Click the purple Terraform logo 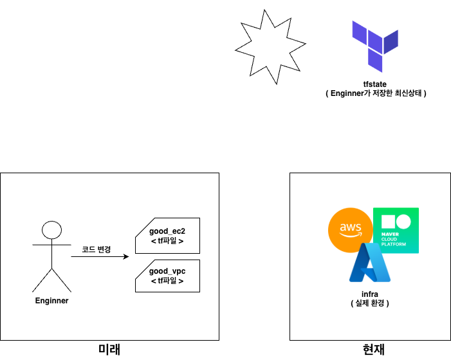(x=376, y=46)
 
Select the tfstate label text (x=376, y=84)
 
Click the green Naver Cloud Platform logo (x=396, y=230)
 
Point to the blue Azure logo (x=369, y=264)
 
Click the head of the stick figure (x=51, y=231)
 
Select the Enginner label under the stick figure (x=51, y=301)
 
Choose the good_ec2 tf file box (x=167, y=235)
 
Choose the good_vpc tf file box (x=167, y=276)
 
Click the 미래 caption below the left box (x=109, y=350)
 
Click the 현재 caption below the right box (x=374, y=350)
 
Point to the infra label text (x=370, y=294)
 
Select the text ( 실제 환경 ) (x=370, y=303)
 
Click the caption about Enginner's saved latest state (x=376, y=93)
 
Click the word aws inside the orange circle (x=350, y=228)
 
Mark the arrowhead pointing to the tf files (x=126, y=257)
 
